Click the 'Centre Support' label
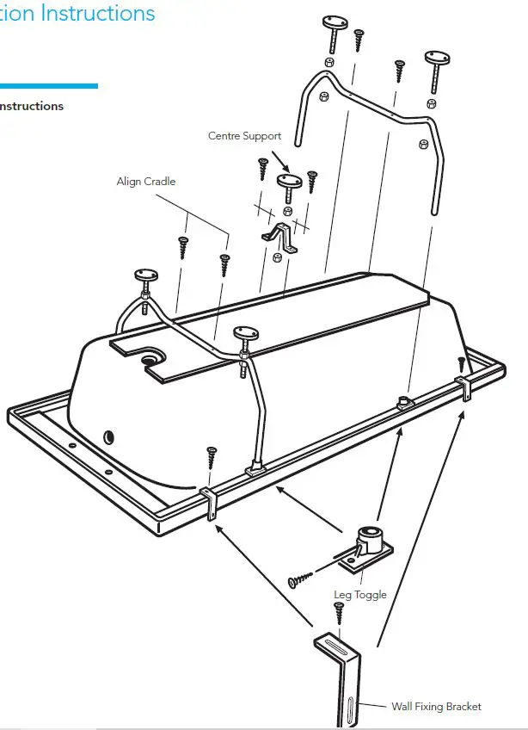[244, 136]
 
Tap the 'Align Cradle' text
[146, 182]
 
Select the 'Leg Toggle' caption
[360, 595]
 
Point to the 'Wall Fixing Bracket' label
[436, 707]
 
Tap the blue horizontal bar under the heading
[48, 86]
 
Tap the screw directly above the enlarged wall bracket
[339, 613]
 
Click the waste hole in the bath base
[153, 356]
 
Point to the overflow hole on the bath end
[108, 437]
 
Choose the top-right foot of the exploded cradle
[436, 64]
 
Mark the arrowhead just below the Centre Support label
[287, 168]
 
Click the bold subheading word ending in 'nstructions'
[32, 107]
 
